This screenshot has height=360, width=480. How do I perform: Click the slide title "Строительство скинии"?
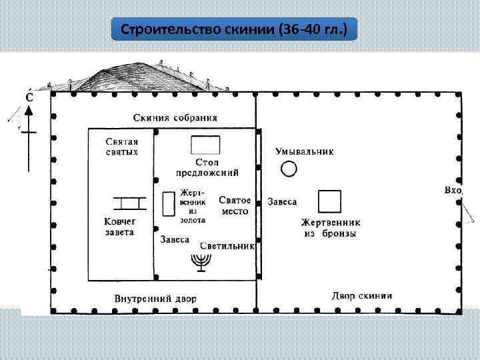(x=234, y=30)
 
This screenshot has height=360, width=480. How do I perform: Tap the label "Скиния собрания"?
(x=175, y=118)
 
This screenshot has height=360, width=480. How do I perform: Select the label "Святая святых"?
(x=122, y=147)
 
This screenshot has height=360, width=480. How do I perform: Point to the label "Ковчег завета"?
(x=119, y=227)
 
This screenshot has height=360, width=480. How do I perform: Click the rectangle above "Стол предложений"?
(x=205, y=145)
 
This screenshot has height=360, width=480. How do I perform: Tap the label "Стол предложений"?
(x=207, y=167)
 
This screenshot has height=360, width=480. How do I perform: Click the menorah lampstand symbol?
(x=200, y=261)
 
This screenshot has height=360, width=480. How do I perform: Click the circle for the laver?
(x=289, y=169)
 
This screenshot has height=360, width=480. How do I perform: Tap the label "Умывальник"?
(x=305, y=151)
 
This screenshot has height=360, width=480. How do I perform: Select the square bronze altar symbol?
(x=329, y=202)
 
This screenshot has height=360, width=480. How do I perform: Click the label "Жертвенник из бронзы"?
(x=330, y=228)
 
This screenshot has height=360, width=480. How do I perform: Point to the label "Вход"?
(x=453, y=191)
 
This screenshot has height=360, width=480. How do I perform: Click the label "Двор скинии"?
(x=362, y=295)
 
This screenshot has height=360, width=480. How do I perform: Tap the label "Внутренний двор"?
(x=155, y=298)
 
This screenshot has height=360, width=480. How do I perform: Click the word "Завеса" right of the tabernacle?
(x=283, y=201)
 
